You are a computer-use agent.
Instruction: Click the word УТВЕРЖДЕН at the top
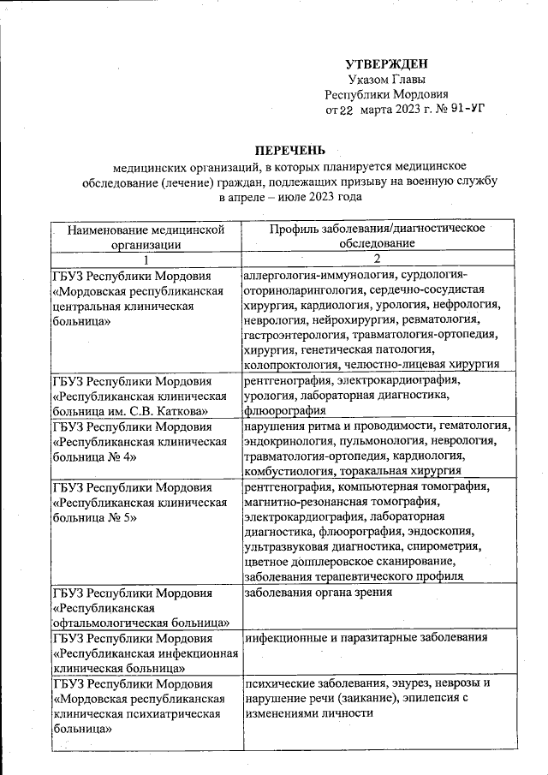point(385,64)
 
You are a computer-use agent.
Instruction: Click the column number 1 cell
point(146,259)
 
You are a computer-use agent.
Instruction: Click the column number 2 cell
point(377,259)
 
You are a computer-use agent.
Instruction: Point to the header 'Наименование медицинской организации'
point(146,236)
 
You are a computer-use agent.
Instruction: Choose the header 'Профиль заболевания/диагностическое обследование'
point(377,235)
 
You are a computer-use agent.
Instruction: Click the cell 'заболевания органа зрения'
point(318,592)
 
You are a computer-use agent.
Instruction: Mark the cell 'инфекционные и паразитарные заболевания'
point(366,638)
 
